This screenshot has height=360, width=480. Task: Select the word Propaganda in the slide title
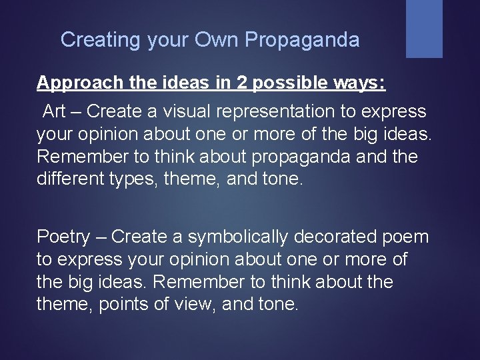302,40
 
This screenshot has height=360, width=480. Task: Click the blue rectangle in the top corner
424,28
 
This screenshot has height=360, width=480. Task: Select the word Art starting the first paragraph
55,111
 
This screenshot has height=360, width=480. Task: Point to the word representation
270,111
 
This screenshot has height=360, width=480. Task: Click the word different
69,179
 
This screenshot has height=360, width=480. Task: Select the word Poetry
63,237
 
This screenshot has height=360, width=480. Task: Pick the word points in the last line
119,305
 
